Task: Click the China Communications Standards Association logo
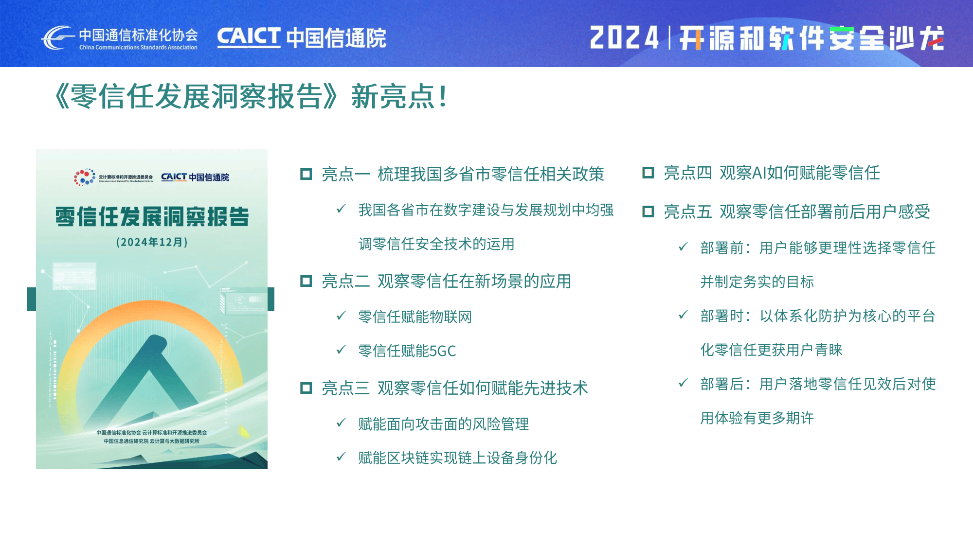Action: (119, 38)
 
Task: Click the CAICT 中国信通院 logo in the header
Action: (302, 38)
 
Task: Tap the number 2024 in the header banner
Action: (624, 38)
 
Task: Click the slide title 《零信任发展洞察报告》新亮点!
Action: (251, 96)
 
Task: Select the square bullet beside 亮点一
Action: (306, 174)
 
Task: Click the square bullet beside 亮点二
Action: (306, 281)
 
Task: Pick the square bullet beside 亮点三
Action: (306, 388)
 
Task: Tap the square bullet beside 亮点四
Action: (648, 173)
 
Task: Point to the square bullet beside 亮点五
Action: (648, 212)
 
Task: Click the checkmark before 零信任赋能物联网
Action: (341, 316)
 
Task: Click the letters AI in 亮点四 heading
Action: (759, 173)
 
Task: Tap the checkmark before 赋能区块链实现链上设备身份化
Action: (341, 457)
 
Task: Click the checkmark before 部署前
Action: (683, 247)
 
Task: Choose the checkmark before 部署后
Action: (683, 383)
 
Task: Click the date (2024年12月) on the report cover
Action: (152, 242)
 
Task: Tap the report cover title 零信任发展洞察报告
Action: (152, 216)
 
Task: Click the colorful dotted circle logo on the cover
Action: (85, 177)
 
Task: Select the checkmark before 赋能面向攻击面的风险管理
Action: (341, 423)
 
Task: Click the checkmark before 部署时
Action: (683, 315)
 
